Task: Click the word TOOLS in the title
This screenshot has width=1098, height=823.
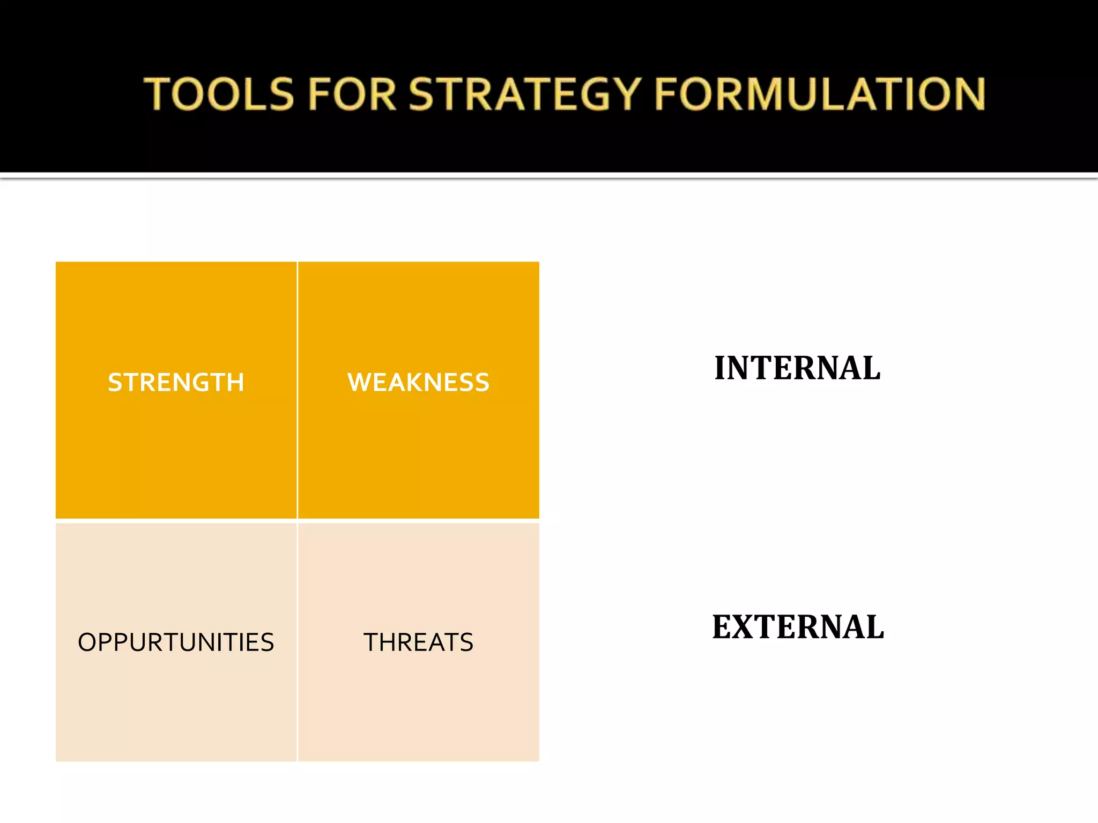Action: point(219,94)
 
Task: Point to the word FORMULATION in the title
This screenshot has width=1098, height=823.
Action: point(820,94)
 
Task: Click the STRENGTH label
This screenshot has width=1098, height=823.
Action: point(176,383)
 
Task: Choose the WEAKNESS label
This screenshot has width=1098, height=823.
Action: point(418,383)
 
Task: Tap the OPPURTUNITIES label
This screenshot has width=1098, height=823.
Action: point(176,642)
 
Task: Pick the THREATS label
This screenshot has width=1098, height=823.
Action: point(418,642)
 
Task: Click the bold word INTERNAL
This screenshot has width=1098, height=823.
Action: point(797,368)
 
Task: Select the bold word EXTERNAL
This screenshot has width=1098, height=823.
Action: point(798,627)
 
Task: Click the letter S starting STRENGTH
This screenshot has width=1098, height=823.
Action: point(115,383)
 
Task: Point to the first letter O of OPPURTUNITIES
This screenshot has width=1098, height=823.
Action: point(87,642)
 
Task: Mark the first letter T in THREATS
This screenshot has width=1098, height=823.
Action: point(372,642)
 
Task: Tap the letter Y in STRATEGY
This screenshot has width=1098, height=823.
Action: point(625,94)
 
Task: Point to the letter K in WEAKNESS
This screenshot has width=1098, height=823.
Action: point(412,383)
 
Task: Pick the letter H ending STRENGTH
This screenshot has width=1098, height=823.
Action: point(235,383)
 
